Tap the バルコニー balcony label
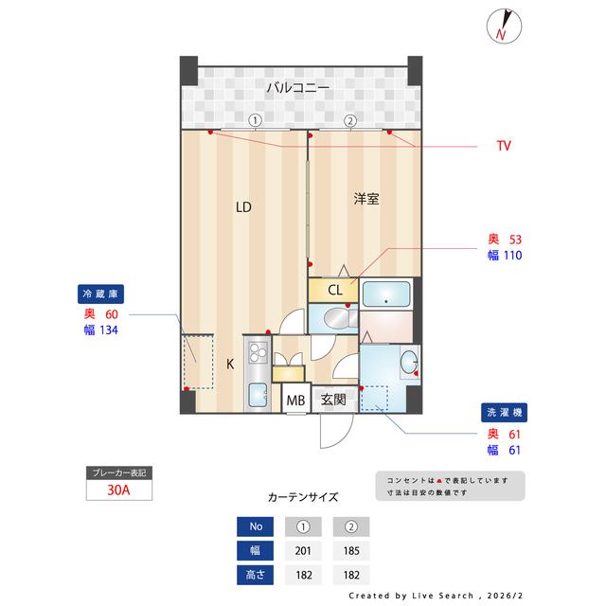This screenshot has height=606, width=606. (x=297, y=88)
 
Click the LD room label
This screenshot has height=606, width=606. (x=243, y=207)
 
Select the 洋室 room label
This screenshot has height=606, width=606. (x=366, y=199)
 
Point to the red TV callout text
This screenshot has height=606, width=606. (x=504, y=146)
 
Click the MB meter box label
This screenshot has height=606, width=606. (x=296, y=400)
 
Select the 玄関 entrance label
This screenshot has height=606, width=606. (x=333, y=400)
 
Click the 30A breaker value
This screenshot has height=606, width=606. (x=118, y=490)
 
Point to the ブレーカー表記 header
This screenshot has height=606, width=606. (x=118, y=472)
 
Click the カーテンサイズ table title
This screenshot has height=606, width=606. (x=303, y=495)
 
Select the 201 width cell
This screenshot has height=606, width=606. (x=303, y=550)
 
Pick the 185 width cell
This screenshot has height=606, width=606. (x=350, y=550)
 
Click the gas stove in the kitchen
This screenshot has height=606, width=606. (x=257, y=354)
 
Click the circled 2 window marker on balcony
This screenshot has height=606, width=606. (x=350, y=120)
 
